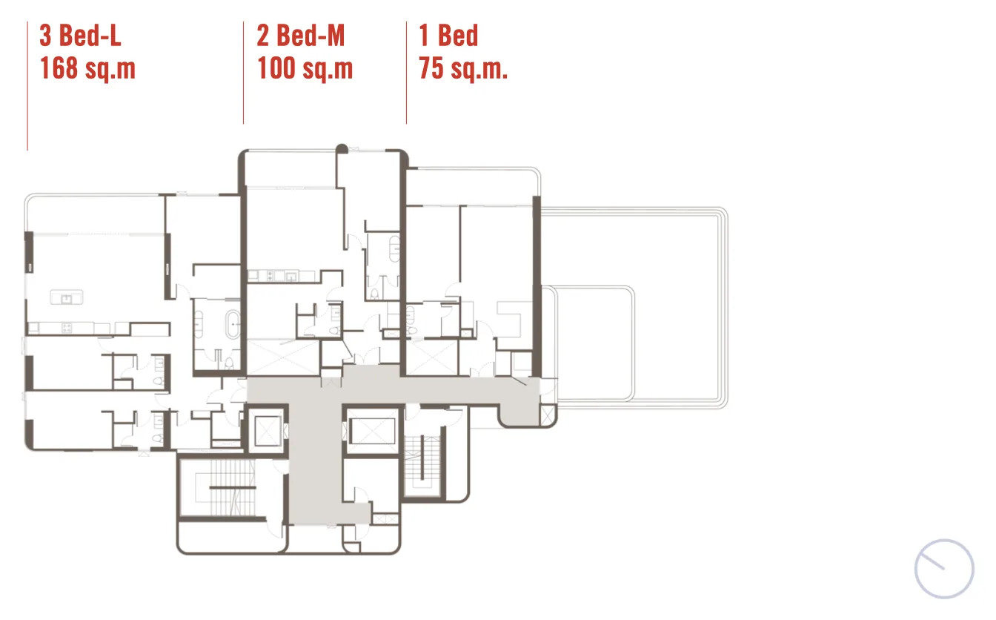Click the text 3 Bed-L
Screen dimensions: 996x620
tap(80, 36)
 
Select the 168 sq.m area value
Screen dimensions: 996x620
tap(87, 68)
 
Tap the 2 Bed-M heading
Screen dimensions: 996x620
tap(301, 36)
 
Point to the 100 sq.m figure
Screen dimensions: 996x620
tap(305, 68)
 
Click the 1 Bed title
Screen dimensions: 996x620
tap(448, 36)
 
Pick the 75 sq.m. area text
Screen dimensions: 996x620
tap(463, 68)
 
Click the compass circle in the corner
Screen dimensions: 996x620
tap(944, 569)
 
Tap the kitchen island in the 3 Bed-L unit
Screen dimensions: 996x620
tap(66, 297)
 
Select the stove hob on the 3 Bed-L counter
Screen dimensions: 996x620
tap(67, 329)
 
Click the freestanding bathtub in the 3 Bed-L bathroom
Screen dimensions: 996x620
tap(233, 325)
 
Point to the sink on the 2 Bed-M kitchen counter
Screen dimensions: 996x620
tap(291, 277)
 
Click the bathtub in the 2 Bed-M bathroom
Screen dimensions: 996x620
tap(394, 250)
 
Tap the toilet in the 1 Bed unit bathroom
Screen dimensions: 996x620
tap(412, 330)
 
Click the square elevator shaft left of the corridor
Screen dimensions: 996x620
tap(268, 431)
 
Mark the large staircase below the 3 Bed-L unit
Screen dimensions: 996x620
tap(225, 488)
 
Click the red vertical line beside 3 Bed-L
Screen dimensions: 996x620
tap(27, 86)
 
